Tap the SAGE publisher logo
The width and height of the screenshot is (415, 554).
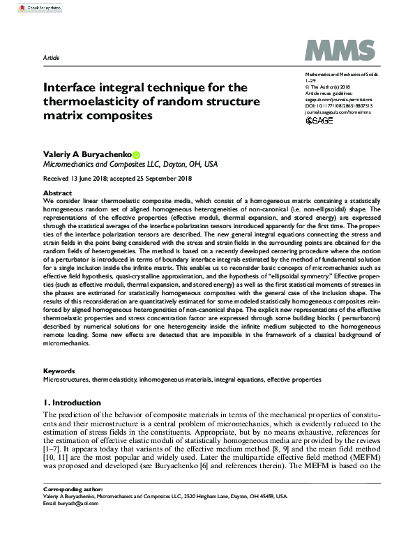[x=320, y=121]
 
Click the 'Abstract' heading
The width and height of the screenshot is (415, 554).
[x=57, y=192]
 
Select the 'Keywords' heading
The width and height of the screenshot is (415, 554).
[x=59, y=371]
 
